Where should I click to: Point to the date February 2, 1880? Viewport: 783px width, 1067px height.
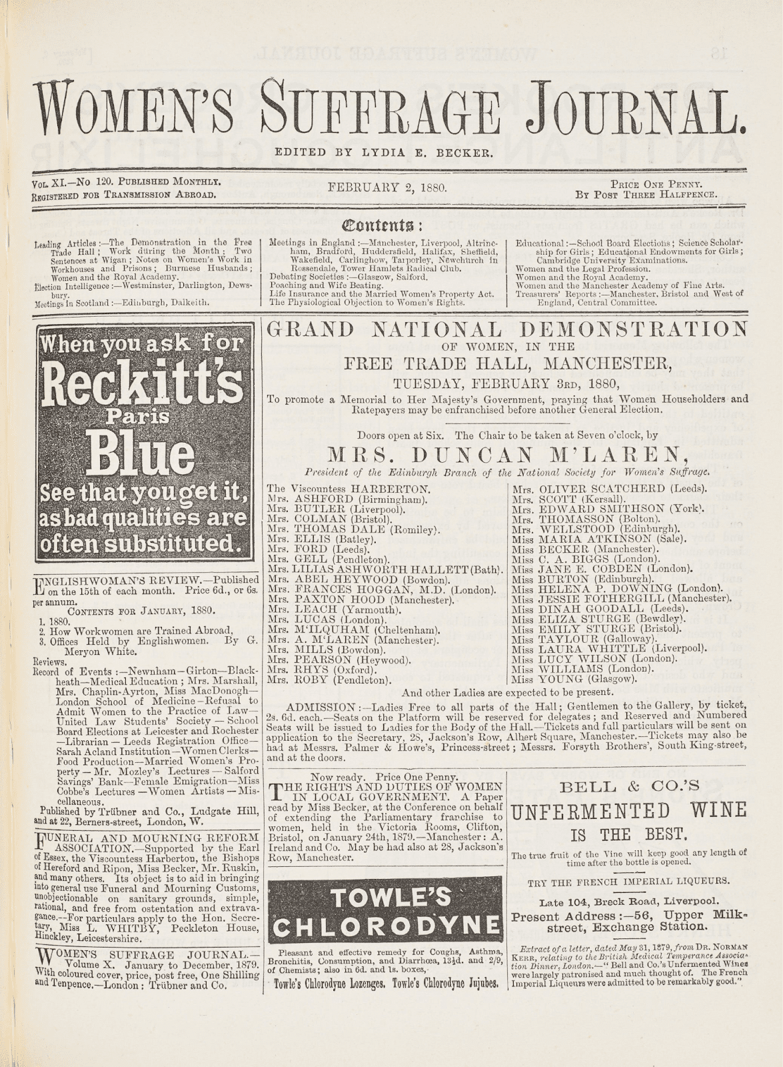tap(387, 188)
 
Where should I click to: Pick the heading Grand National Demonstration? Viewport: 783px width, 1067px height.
tap(506, 329)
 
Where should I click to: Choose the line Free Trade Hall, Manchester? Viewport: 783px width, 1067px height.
tap(507, 363)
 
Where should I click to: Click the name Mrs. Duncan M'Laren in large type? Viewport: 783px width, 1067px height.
tap(507, 455)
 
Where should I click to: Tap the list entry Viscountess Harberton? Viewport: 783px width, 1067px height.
tap(349, 488)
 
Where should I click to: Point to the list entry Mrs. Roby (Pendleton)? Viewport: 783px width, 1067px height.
tap(328, 680)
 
